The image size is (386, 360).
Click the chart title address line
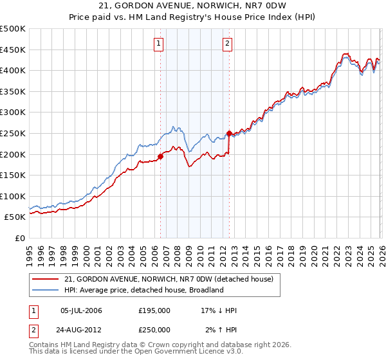pyautogui.click(x=194, y=6)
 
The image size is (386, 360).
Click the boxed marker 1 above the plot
pyautogui.click(x=159, y=44)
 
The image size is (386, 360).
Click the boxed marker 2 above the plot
pyautogui.click(x=228, y=44)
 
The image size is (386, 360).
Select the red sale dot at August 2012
pyautogui.click(x=229, y=134)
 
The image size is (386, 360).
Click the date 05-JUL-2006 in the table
pyautogui.click(x=80, y=310)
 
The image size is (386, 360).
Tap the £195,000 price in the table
pyautogui.click(x=154, y=310)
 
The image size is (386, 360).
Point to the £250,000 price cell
pyautogui.click(x=154, y=329)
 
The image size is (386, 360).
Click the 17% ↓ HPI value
pyautogui.click(x=219, y=310)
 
